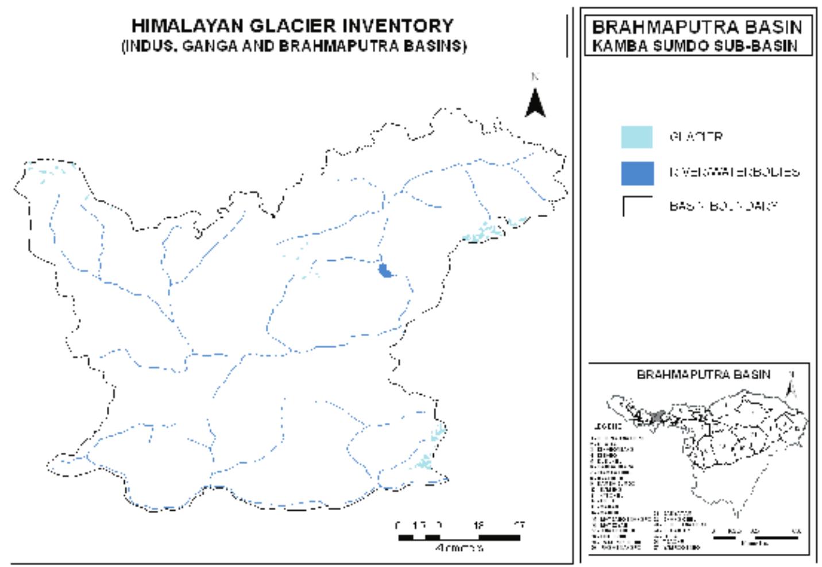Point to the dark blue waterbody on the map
click(385, 270)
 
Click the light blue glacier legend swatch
click(636, 137)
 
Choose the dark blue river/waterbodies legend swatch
click(636, 173)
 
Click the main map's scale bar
click(459, 538)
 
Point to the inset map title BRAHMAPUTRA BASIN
click(703, 375)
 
